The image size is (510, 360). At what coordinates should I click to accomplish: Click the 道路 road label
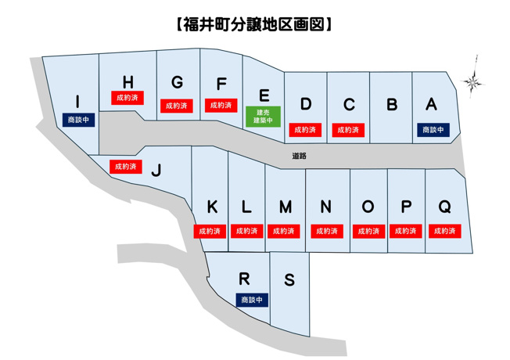[298, 157]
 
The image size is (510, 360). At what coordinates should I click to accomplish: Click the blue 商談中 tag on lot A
[433, 130]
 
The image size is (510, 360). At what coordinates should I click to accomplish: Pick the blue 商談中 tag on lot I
[80, 121]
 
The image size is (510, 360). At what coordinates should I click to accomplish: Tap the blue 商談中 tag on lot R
[252, 300]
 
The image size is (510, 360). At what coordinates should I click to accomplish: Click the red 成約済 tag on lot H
[126, 99]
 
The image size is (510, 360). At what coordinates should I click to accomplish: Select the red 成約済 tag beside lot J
[124, 166]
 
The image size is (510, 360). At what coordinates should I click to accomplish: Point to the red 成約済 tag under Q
[444, 232]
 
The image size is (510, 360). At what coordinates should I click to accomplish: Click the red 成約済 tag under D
[305, 130]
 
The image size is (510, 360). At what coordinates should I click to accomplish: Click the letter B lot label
[393, 104]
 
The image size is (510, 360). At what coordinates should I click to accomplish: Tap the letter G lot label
[178, 83]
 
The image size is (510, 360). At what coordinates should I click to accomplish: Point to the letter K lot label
[212, 207]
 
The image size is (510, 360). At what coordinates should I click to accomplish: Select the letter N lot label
[326, 207]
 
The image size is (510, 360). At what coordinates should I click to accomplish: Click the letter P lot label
[406, 207]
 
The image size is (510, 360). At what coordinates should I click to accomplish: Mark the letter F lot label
[221, 84]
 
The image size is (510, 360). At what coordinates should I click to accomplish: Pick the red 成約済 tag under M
[285, 232]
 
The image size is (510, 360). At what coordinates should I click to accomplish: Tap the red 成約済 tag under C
[348, 130]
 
